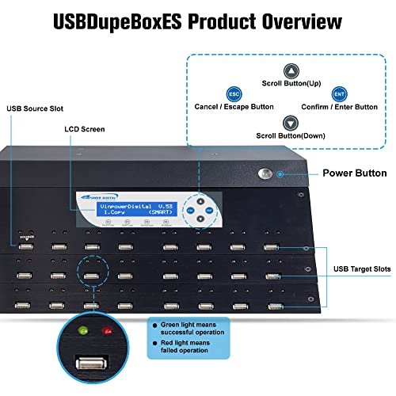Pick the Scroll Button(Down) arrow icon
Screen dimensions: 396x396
(x=290, y=123)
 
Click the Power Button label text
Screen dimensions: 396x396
(x=354, y=173)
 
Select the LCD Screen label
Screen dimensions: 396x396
(x=85, y=128)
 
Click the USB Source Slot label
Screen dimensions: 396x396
(x=34, y=109)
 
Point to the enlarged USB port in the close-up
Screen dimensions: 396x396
(x=92, y=364)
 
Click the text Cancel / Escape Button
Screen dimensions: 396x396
(x=234, y=106)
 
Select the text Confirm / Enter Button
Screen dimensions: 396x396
(x=340, y=106)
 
